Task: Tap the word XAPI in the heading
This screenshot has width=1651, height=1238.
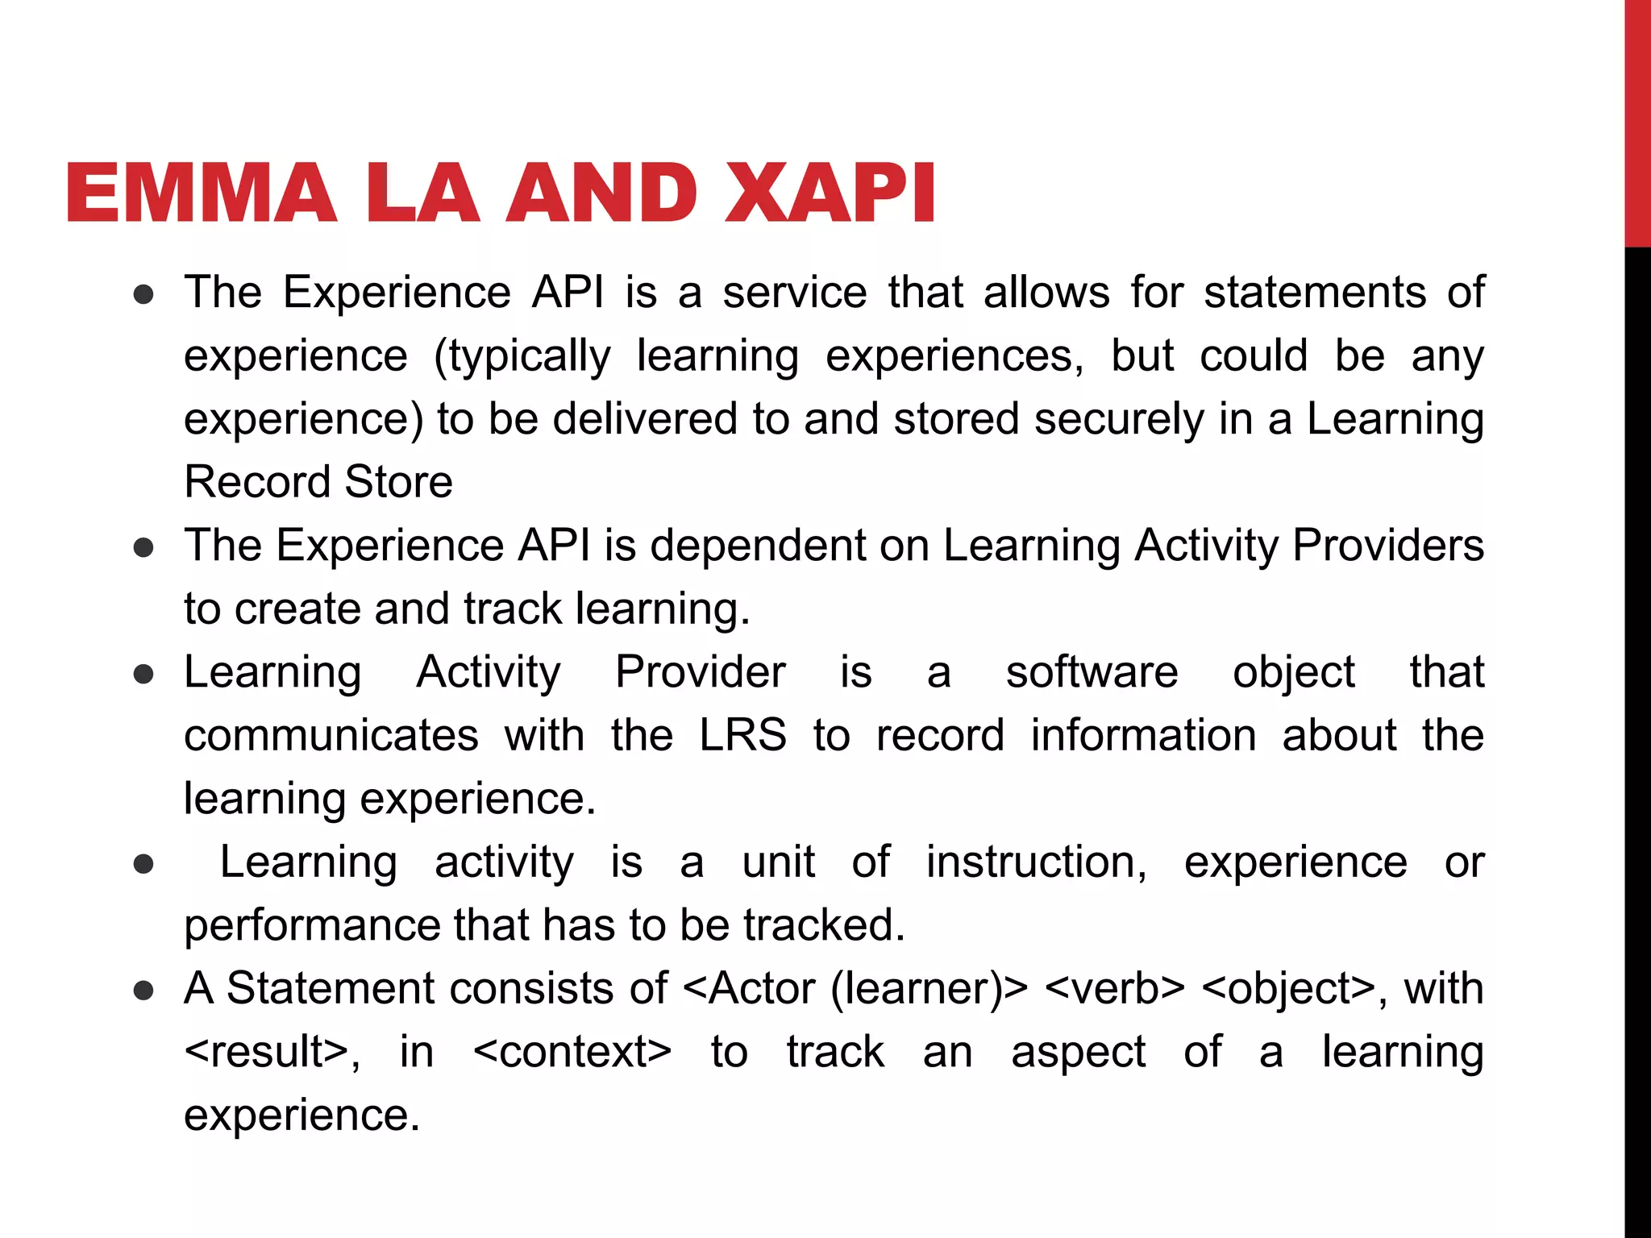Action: pos(830,193)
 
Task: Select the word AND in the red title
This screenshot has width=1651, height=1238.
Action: pos(601,193)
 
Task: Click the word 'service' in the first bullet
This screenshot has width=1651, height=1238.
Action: pos(794,292)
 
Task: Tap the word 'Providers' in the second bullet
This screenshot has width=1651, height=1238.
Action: pos(1388,546)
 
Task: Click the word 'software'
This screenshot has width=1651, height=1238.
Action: pos(1092,672)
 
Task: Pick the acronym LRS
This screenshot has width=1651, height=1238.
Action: pos(742,735)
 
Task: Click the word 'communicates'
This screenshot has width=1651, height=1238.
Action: pos(331,735)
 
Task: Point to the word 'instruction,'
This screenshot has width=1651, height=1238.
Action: pos(1036,862)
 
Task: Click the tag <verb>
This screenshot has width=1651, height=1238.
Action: pos(1114,989)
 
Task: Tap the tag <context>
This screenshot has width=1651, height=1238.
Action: pos(572,1052)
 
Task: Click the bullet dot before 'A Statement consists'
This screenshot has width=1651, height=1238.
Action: pos(143,991)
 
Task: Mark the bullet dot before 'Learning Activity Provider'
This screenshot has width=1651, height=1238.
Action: pos(143,674)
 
